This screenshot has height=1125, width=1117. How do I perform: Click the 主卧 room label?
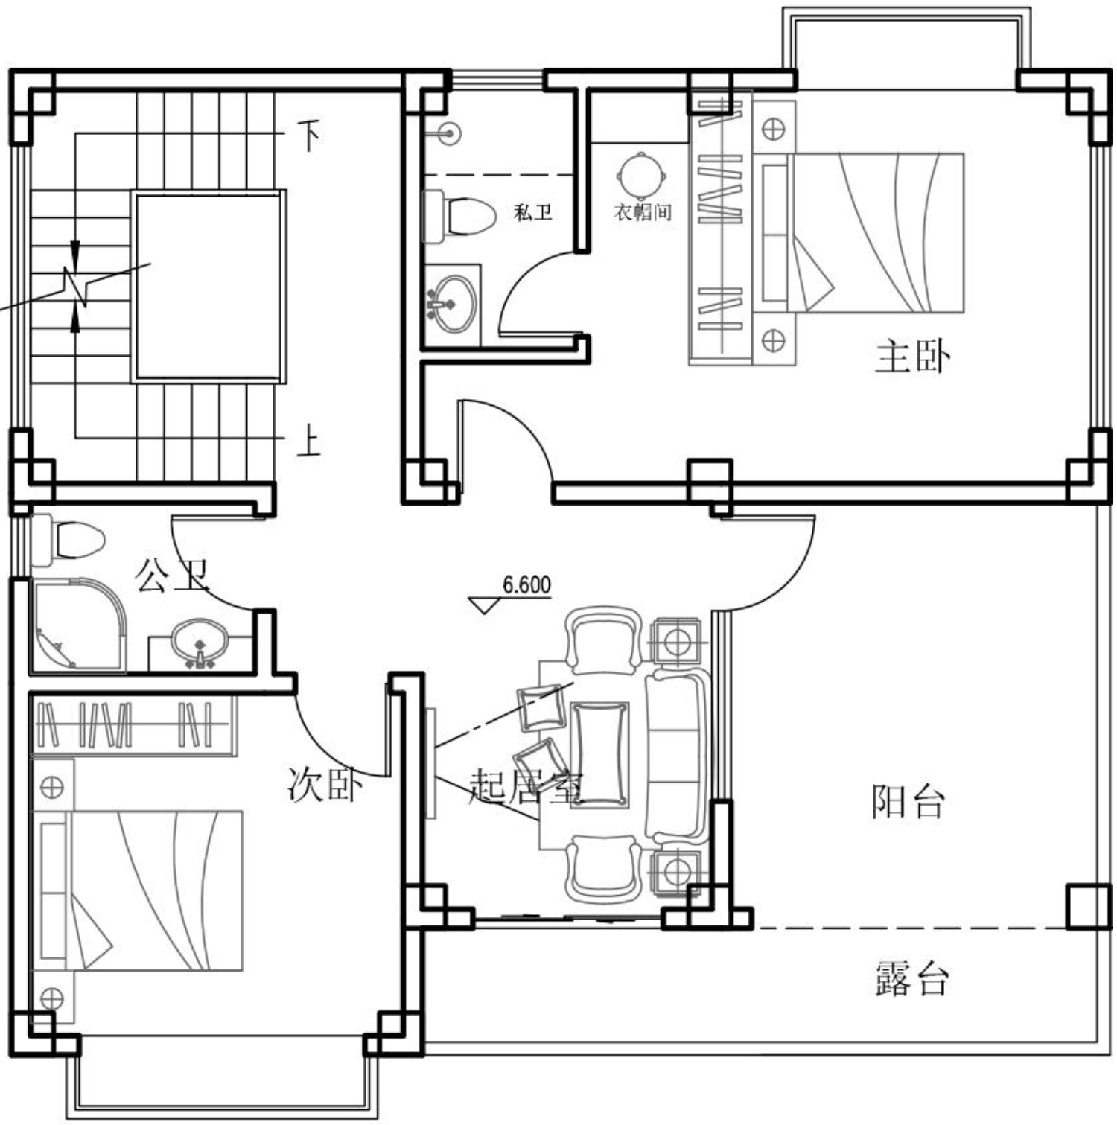click(912, 357)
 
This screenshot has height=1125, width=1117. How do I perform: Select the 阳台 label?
click(908, 802)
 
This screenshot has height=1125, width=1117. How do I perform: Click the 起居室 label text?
click(527, 787)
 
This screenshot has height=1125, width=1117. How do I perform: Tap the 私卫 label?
click(533, 213)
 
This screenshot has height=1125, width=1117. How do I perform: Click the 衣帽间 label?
click(643, 212)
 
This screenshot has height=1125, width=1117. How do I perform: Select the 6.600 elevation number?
click(527, 585)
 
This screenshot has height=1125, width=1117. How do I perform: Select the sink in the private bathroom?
click(451, 303)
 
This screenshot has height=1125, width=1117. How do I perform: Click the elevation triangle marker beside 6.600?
click(485, 605)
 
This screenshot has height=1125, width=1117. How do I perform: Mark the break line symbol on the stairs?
click(76, 286)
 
